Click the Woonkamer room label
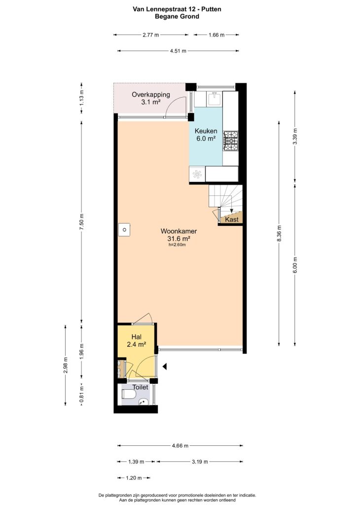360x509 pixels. pos(179,231)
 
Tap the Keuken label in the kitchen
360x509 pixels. pos(206,131)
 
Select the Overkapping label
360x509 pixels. pos(150,95)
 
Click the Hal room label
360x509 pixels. pos(136,337)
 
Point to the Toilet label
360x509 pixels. pos(140,387)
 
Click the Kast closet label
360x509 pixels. pos(232,219)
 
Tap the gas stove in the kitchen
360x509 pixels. pos(230,141)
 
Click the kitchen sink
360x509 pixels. pos(214,98)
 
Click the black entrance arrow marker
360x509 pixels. pos(165,366)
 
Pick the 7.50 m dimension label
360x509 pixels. pos(82,222)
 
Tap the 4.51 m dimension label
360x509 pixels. pos(178,51)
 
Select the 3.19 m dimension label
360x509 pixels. pos(200,462)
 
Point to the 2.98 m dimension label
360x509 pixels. pos(66,365)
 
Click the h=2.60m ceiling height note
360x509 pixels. pos(177,245)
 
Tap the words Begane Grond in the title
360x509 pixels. pos(177,17)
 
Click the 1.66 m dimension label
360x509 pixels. pos(216,35)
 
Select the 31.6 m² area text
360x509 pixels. pos(179,239)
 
